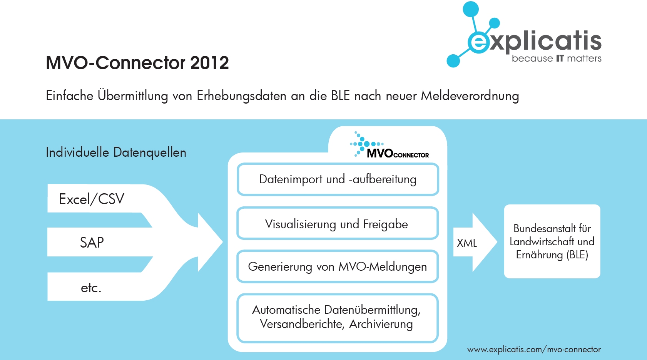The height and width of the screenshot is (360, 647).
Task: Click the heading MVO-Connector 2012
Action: [137, 63]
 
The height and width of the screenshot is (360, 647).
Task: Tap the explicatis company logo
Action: [524, 34]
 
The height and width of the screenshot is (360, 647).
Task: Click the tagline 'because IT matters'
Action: [557, 59]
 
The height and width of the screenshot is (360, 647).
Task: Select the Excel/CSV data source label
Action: [92, 199]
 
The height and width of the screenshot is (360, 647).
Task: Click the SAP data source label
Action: [92, 243]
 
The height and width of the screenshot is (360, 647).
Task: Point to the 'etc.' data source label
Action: [91, 288]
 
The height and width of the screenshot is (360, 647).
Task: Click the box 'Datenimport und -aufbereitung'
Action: [338, 179]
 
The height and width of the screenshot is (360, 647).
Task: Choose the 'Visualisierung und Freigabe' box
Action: [338, 223]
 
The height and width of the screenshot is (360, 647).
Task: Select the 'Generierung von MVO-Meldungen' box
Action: [338, 266]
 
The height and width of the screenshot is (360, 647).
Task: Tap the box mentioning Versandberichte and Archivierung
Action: [338, 318]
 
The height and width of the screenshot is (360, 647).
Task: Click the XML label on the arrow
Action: [467, 243]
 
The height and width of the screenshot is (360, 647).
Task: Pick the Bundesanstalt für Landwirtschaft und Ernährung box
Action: [552, 241]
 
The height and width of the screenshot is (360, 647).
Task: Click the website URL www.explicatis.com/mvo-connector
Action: [534, 350]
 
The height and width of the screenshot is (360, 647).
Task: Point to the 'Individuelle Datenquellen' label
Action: [116, 152]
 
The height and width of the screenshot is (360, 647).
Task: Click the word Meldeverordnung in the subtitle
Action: [470, 95]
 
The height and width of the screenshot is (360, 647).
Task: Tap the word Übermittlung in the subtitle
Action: [132, 95]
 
